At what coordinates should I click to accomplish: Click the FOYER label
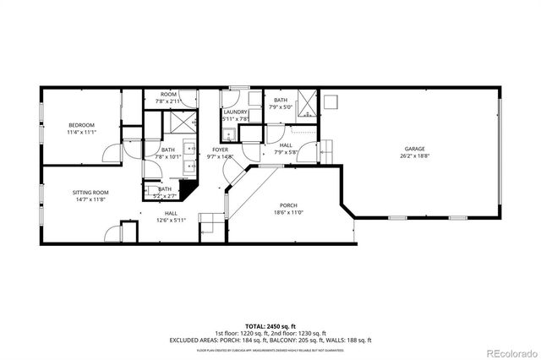pyautogui.click(x=220, y=150)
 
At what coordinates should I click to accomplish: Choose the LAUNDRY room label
pyautogui.click(x=235, y=112)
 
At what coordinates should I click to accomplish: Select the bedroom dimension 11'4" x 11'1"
pyautogui.click(x=82, y=132)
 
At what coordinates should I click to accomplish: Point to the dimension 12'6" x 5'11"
pyautogui.click(x=171, y=221)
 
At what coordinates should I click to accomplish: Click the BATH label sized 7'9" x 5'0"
pyautogui.click(x=280, y=100)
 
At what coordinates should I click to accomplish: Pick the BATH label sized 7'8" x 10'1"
pyautogui.click(x=168, y=149)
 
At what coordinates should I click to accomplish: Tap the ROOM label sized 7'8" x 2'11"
pyautogui.click(x=168, y=93)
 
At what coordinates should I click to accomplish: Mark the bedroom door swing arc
pyautogui.click(x=108, y=155)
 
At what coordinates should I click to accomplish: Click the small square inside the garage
pyautogui.click(x=333, y=102)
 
